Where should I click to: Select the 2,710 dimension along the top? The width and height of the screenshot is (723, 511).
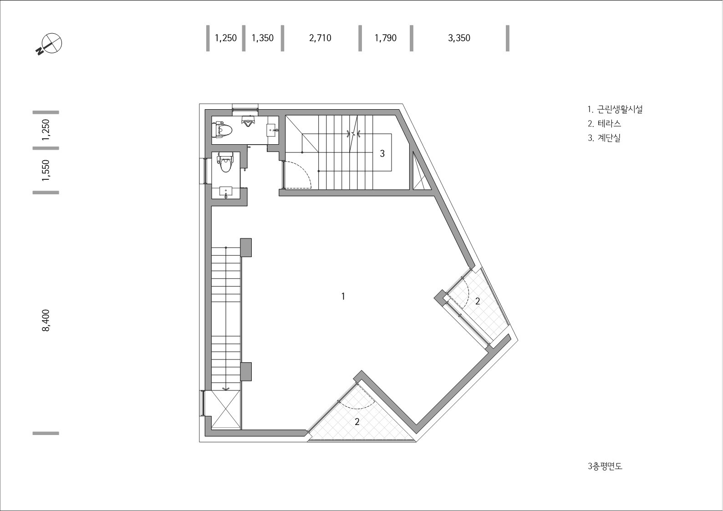(320, 38)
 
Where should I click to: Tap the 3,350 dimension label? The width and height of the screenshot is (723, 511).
(459, 38)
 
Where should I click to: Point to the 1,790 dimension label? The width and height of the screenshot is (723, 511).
(386, 38)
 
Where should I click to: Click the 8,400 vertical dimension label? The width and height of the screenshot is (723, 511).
(46, 320)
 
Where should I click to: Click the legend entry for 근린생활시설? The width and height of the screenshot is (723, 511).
(615, 109)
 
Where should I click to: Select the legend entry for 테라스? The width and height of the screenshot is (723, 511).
(605, 124)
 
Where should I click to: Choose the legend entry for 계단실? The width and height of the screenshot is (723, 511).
(604, 138)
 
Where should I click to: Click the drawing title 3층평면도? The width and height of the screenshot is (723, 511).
(605, 466)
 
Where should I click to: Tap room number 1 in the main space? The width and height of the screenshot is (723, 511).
(343, 297)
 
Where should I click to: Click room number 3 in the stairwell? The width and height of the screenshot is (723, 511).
(382, 154)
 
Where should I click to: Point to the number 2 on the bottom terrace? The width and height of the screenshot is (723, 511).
(357, 422)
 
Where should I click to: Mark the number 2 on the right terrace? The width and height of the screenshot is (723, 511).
(478, 301)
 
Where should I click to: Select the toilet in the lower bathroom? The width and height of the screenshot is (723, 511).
(225, 164)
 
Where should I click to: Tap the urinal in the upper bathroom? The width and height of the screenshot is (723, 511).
(248, 122)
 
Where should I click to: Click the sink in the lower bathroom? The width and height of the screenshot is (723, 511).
(226, 192)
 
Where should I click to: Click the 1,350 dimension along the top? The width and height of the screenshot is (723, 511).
(263, 38)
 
